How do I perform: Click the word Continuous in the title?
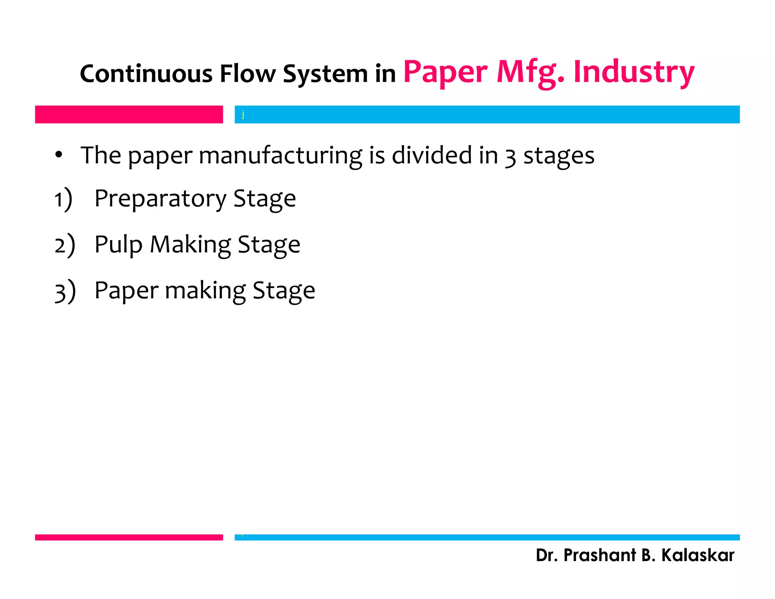click(146, 73)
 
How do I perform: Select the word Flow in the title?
click(248, 73)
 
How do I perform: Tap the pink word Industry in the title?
click(634, 72)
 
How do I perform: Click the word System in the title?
click(325, 74)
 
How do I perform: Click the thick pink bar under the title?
click(129, 114)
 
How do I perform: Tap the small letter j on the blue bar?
click(243, 114)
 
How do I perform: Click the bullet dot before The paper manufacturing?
click(58, 155)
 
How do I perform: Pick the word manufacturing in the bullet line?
click(280, 156)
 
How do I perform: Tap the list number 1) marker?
click(63, 199)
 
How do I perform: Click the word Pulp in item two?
click(118, 245)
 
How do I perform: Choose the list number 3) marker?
click(65, 291)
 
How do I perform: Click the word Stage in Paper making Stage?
click(283, 291)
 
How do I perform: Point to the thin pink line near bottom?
click(129, 537)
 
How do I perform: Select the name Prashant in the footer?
click(599, 555)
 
